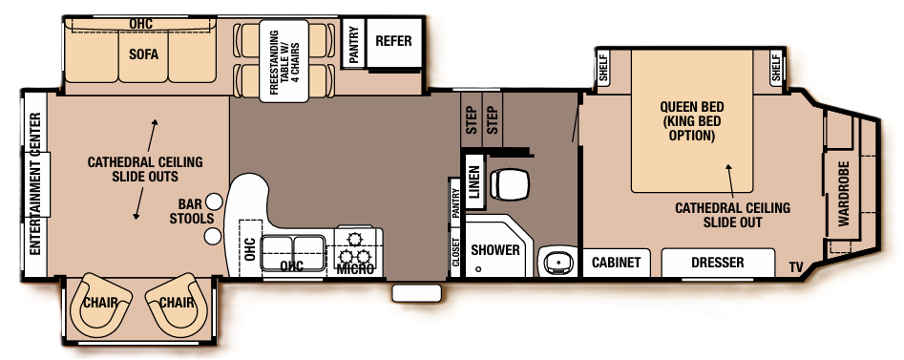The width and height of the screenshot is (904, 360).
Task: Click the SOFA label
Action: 143,54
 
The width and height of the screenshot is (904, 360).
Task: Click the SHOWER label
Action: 495,250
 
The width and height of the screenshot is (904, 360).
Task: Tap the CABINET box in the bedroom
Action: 615,263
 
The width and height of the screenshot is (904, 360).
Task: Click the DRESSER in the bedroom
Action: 718,263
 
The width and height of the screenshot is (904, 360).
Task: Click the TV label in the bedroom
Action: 795,265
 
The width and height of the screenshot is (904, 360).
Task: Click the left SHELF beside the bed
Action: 602,66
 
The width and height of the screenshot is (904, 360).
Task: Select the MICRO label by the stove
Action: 355,268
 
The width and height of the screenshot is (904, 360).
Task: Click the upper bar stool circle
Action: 215,201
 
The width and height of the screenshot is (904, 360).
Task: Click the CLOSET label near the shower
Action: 455,252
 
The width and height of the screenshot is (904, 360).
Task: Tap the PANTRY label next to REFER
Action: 353,44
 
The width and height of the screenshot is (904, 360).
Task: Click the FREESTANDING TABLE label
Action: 276,64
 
